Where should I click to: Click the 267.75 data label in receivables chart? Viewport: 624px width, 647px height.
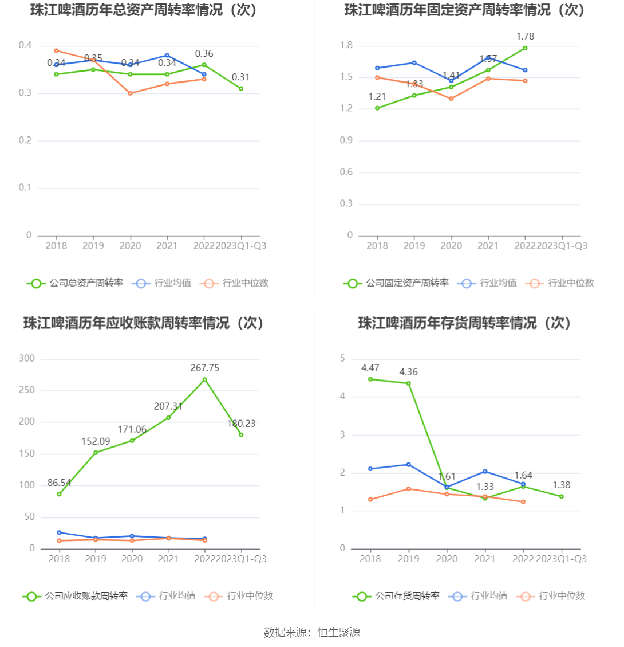[x=205, y=368]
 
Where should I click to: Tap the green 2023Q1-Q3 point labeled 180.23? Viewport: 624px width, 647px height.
[x=241, y=435]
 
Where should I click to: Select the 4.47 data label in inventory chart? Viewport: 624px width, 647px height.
[x=370, y=368]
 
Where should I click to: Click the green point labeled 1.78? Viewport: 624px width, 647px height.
[x=525, y=48]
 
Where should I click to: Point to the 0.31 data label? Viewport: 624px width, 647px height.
[x=241, y=77]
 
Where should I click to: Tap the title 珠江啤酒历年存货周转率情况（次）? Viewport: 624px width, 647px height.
[x=465, y=323]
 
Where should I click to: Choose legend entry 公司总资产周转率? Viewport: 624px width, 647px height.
[x=76, y=283]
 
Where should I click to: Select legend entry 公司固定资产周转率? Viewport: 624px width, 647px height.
[x=397, y=283]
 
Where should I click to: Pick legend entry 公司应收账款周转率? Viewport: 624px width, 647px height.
[x=76, y=596]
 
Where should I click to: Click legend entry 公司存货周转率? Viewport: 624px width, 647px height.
[x=397, y=596]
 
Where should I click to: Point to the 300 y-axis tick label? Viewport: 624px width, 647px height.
[x=27, y=359]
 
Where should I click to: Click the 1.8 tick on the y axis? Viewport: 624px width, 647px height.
[x=346, y=46]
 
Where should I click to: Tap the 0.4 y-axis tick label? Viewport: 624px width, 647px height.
[x=25, y=46]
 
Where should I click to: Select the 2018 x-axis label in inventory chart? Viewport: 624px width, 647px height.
[x=370, y=559]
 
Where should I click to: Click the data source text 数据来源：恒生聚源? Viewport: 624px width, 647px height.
[x=312, y=633]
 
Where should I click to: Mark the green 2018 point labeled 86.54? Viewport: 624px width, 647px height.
[x=59, y=494]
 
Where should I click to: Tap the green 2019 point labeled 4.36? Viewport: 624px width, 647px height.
[x=408, y=383]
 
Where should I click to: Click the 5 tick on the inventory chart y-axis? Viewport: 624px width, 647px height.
[x=342, y=359]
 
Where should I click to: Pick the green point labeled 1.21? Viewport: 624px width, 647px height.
[x=377, y=108]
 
